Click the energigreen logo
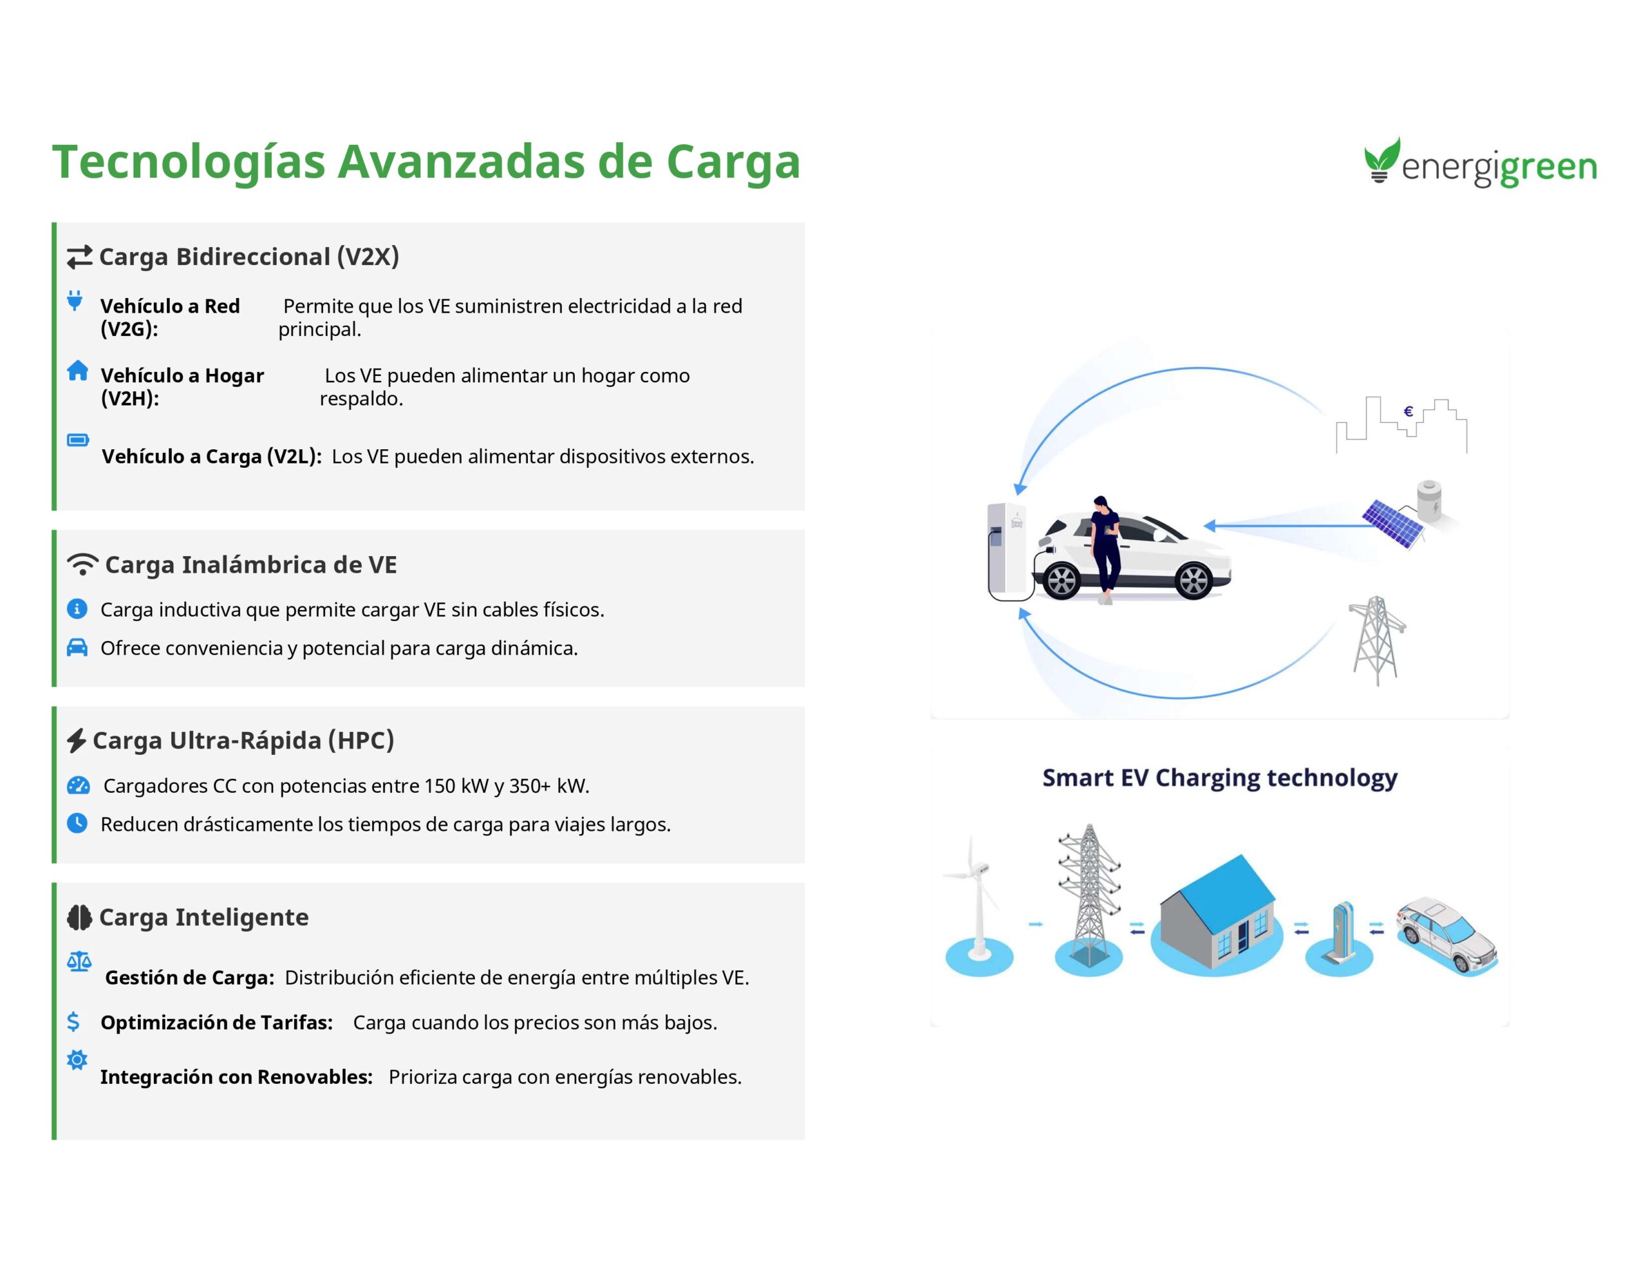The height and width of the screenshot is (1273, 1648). pos(1481,162)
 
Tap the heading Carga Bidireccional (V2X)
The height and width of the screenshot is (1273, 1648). pos(249,257)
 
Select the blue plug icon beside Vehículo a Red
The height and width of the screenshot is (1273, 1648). pos(75,301)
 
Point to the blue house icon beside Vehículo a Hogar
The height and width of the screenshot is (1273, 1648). pos(77,371)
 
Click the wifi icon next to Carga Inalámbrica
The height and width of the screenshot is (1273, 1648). pos(82,564)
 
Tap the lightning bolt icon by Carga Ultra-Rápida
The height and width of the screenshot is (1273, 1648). pos(76,740)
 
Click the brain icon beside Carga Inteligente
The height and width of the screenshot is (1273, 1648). pos(79,917)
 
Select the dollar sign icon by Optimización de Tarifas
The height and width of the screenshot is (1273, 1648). pos(73,1022)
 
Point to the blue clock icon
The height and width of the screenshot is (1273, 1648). pos(77,822)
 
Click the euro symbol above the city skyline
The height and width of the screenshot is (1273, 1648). pos(1408,411)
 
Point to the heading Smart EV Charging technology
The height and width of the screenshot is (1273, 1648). pos(1219,778)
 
